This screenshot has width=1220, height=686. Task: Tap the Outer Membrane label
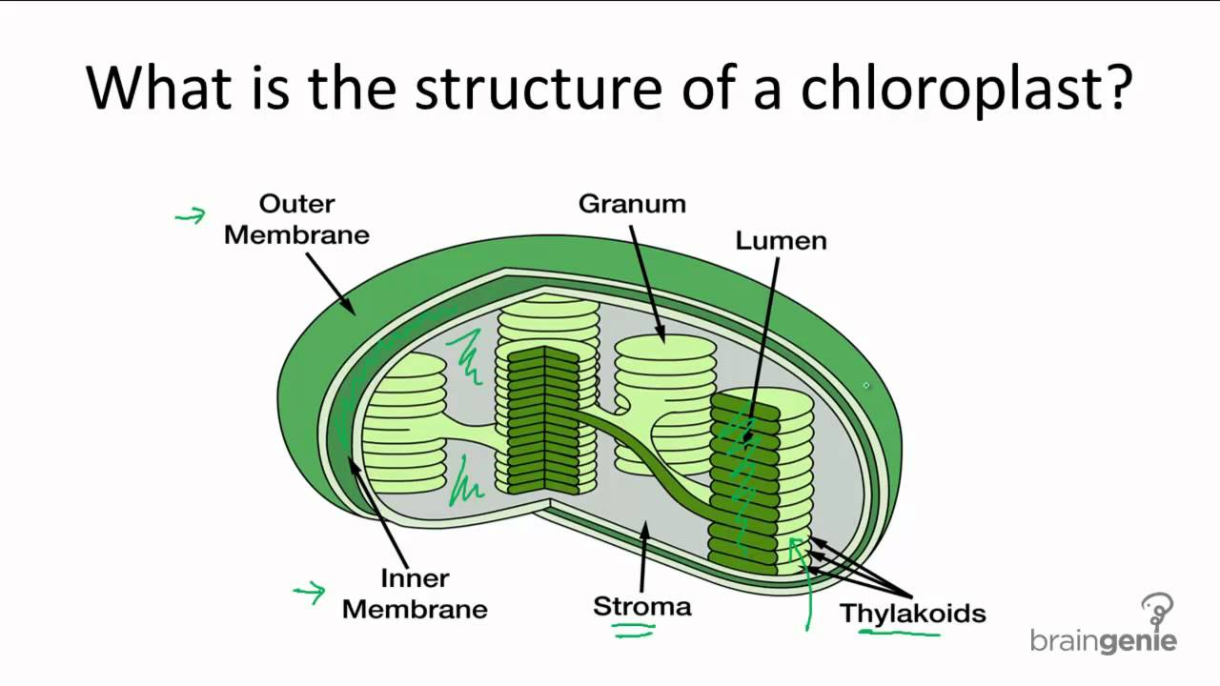click(x=296, y=219)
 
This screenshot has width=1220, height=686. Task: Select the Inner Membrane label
click(x=415, y=594)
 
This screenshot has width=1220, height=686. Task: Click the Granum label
click(x=632, y=204)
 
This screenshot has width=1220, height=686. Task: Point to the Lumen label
click(x=781, y=241)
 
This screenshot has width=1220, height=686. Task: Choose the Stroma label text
click(x=641, y=606)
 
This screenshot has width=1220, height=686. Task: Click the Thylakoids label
click(x=912, y=613)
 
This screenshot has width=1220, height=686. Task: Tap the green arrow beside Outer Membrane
click(x=191, y=216)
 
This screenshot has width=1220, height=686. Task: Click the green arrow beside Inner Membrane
click(x=310, y=594)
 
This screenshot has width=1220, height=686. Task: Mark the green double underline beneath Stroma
click(x=633, y=628)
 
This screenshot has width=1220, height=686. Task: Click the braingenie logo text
click(x=1103, y=640)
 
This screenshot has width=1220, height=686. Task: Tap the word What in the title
click(x=158, y=87)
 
